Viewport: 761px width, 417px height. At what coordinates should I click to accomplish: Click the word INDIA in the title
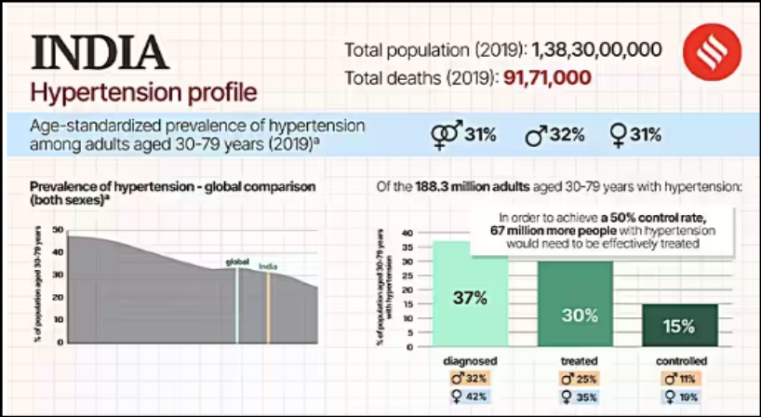[101, 54]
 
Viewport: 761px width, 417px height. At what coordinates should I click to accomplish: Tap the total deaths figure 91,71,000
[547, 77]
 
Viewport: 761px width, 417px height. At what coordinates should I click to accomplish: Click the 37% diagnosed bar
[471, 298]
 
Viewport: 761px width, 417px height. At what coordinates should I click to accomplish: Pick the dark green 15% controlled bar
[679, 325]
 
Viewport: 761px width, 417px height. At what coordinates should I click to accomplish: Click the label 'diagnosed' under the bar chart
[471, 360]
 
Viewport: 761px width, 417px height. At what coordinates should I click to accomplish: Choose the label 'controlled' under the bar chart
[679, 360]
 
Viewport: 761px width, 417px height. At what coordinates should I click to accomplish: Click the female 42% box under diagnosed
[471, 396]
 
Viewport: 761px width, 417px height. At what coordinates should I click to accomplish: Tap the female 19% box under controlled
[679, 396]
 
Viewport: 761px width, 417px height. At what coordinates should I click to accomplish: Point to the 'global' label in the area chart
[237, 262]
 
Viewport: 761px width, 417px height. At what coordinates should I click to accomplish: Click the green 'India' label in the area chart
[268, 265]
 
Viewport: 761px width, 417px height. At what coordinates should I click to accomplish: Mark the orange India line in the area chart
[268, 307]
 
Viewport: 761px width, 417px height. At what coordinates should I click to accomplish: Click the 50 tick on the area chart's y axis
[58, 230]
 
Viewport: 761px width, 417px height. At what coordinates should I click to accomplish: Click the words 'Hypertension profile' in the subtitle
[142, 93]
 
